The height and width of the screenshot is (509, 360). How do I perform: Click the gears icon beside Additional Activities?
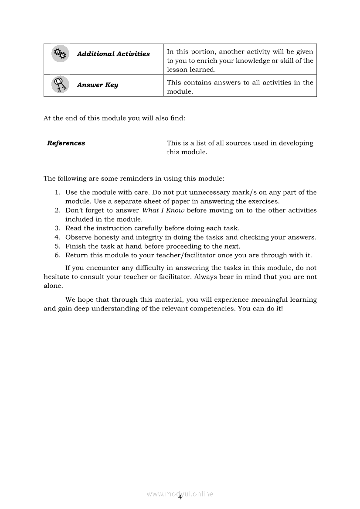click(60, 54)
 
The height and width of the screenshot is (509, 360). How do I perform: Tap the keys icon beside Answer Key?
click(60, 84)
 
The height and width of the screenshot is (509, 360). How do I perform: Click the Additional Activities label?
click(113, 54)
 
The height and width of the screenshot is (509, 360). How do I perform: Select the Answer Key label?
click(97, 85)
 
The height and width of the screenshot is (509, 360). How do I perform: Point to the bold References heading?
click(66, 143)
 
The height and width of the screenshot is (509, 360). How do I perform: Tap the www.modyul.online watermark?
click(180, 494)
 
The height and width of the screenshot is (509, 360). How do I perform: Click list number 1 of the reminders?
click(58, 192)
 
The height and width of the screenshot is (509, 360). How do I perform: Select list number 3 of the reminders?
click(58, 228)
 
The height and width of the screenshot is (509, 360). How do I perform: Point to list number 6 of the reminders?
click(58, 255)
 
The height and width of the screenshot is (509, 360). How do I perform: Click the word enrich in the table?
click(200, 61)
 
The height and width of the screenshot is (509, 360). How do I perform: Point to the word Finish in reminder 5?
click(75, 246)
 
